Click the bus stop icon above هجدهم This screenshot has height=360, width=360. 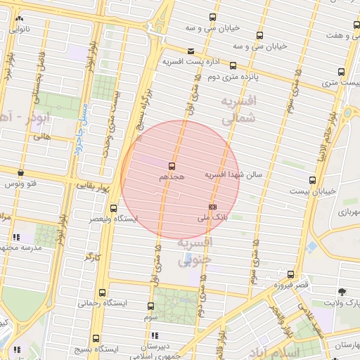point(172,167)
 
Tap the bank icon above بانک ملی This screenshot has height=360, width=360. point(212,207)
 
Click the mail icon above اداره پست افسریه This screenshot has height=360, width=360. point(191,51)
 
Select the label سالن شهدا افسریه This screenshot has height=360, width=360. point(233,174)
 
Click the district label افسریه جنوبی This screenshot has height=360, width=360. point(194,252)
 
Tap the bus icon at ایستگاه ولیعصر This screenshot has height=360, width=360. point(114,208)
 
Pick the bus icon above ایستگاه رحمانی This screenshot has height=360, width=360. point(104,292)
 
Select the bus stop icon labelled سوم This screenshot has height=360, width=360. point(150,307)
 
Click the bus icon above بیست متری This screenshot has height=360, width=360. point(341,72)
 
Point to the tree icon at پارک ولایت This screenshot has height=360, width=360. point(342,291)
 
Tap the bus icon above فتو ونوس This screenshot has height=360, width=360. point(20,172)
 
